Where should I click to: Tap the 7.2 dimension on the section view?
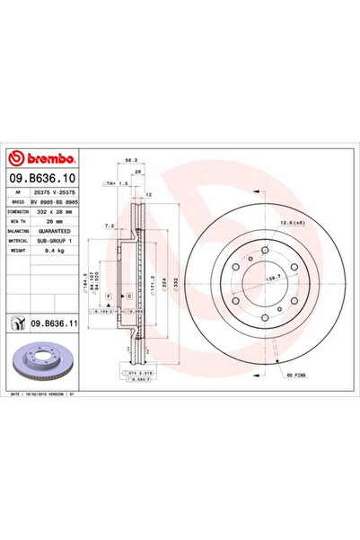110,227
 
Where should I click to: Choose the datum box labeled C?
130,296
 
